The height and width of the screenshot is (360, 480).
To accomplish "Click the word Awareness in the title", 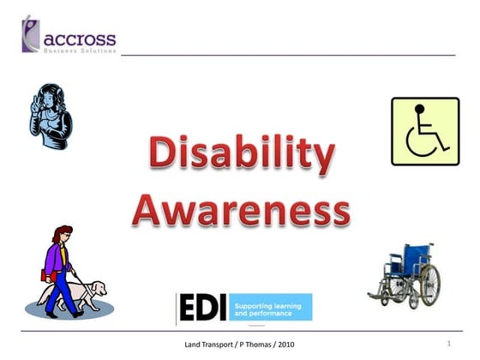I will point(241,208).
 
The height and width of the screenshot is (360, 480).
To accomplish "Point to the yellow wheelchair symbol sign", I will point(426,130).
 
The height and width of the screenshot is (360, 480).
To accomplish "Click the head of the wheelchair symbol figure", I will point(419,109).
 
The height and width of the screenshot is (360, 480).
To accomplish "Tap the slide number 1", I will point(448,344).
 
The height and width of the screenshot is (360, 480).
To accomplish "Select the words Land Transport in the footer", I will point(207,345).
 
